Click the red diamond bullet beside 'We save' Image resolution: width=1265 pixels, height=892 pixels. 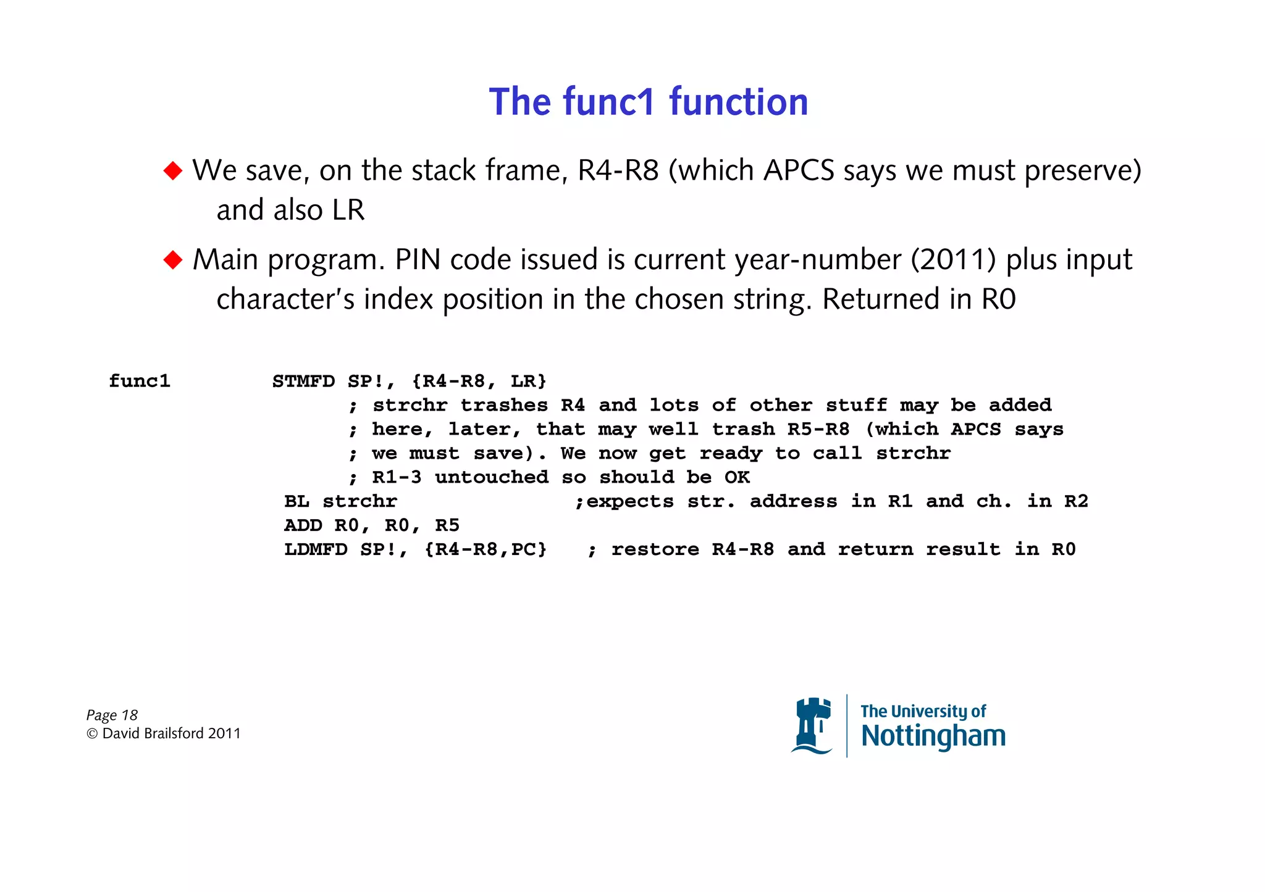173,170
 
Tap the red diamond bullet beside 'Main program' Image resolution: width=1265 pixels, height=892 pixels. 173,259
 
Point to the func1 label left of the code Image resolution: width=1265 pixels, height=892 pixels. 140,381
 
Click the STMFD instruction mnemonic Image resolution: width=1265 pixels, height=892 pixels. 303,381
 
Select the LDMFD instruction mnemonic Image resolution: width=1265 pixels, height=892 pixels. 316,549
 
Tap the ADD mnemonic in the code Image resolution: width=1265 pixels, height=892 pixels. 303,525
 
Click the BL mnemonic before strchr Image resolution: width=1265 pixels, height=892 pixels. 296,501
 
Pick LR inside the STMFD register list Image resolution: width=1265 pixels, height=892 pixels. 523,381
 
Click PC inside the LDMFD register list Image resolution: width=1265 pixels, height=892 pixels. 523,549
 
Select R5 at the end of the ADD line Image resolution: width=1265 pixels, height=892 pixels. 447,525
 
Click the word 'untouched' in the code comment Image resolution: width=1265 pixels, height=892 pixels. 492,477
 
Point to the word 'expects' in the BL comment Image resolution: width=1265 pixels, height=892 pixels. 630,502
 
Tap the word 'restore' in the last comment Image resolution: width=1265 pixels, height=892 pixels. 655,549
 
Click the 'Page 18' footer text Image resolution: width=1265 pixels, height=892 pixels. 112,715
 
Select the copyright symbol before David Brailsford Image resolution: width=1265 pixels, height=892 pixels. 92,733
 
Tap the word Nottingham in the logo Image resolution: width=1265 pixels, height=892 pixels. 933,736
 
